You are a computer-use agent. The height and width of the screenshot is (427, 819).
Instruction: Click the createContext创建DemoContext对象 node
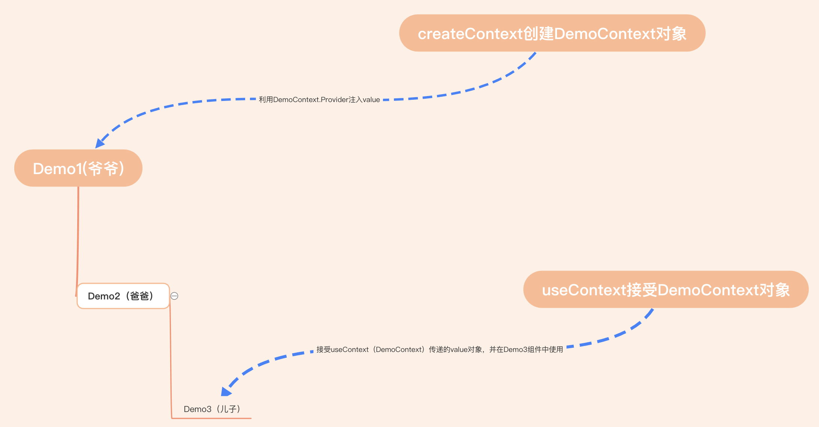coord(552,33)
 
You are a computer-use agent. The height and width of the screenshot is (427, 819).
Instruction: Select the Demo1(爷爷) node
coord(78,168)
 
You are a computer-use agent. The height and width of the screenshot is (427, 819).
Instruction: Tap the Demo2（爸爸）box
coord(123,296)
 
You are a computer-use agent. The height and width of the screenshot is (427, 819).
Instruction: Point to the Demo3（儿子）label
coord(212,409)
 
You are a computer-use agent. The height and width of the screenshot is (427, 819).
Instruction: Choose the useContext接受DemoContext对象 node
coord(666,290)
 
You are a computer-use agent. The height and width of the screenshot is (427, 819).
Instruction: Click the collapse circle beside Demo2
coord(174,296)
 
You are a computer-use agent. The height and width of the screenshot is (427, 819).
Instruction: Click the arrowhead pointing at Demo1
coord(100,143)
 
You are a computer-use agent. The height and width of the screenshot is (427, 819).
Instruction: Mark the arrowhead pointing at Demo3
coord(226,391)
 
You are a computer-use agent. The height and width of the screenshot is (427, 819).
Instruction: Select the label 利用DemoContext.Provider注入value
coord(319,100)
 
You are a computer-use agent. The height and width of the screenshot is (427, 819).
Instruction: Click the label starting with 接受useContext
coord(440,350)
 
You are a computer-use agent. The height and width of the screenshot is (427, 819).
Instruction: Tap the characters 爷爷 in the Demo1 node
coord(103,168)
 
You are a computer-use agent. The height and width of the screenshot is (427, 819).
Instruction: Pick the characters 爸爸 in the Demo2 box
coord(140,296)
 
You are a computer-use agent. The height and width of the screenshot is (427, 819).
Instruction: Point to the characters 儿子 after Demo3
coord(229,409)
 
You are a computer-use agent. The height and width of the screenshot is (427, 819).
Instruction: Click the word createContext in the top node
coord(470,34)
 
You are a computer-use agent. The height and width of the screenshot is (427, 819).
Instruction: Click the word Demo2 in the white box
coord(104,296)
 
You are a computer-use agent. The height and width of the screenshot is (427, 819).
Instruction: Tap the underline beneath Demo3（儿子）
coord(211,418)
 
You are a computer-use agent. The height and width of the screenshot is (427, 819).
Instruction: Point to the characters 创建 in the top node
coord(538,34)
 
